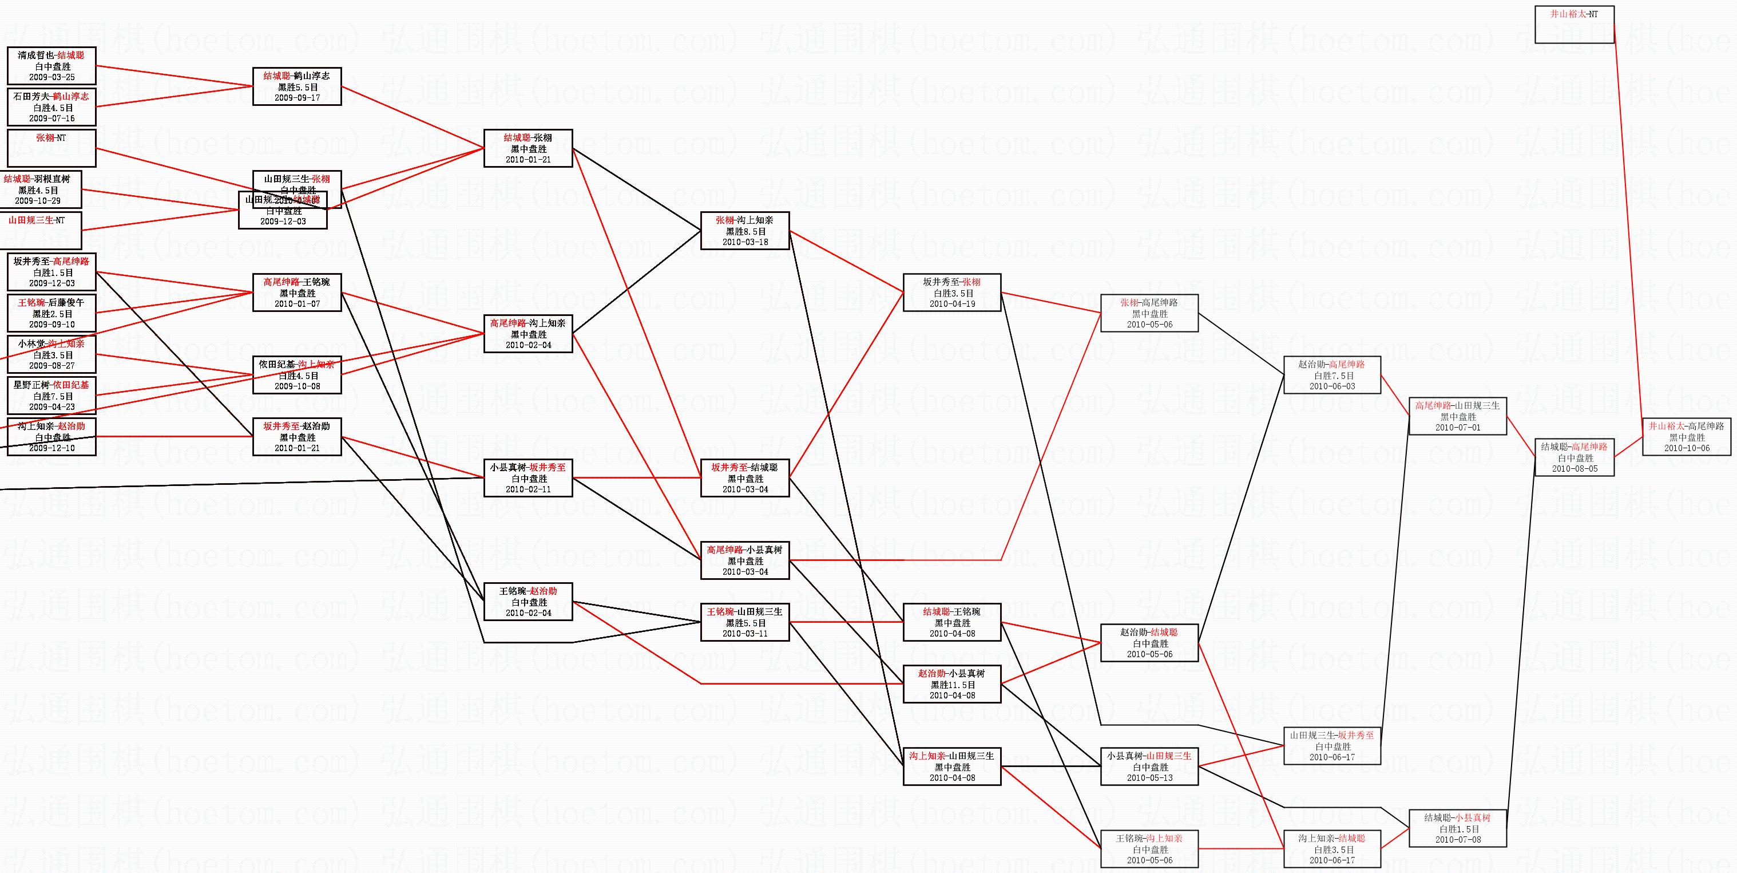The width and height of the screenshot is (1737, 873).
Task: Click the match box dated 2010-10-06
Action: coord(1687,436)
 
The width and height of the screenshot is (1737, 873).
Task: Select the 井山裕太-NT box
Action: coord(1574,24)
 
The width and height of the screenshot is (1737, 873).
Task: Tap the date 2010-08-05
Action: coord(1575,469)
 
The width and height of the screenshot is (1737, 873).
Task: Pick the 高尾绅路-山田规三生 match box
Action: coord(1457,416)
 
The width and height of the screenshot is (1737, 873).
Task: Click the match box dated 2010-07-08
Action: coord(1457,828)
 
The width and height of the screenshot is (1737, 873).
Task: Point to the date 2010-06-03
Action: coord(1332,386)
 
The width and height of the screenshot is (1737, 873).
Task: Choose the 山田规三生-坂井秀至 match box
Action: coord(1332,745)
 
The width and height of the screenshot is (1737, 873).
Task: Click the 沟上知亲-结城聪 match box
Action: coord(1332,849)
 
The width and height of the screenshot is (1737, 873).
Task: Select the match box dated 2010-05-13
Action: coord(1149,767)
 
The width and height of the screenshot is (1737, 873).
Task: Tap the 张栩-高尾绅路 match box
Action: coord(1149,313)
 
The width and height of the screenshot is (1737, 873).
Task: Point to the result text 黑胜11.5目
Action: coord(952,685)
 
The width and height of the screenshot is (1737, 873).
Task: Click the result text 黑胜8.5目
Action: coord(745,231)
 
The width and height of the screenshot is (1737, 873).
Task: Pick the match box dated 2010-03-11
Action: coord(745,622)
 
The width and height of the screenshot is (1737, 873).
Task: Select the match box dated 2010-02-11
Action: coord(528,477)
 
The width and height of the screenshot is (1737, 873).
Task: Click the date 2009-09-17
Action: coord(297,98)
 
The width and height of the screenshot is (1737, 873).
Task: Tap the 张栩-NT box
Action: coord(51,148)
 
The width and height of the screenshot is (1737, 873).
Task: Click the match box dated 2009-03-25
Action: coord(51,66)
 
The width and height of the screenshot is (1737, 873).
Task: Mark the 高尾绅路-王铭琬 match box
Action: coord(297,292)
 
